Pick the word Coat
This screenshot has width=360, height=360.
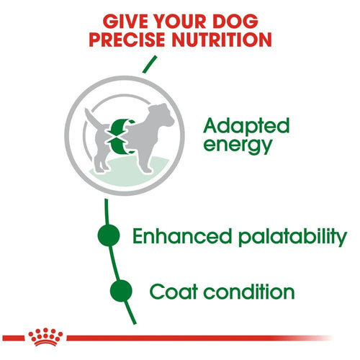[175, 292]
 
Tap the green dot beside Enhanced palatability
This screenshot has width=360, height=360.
[109, 235]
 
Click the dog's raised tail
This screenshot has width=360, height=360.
[90, 117]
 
